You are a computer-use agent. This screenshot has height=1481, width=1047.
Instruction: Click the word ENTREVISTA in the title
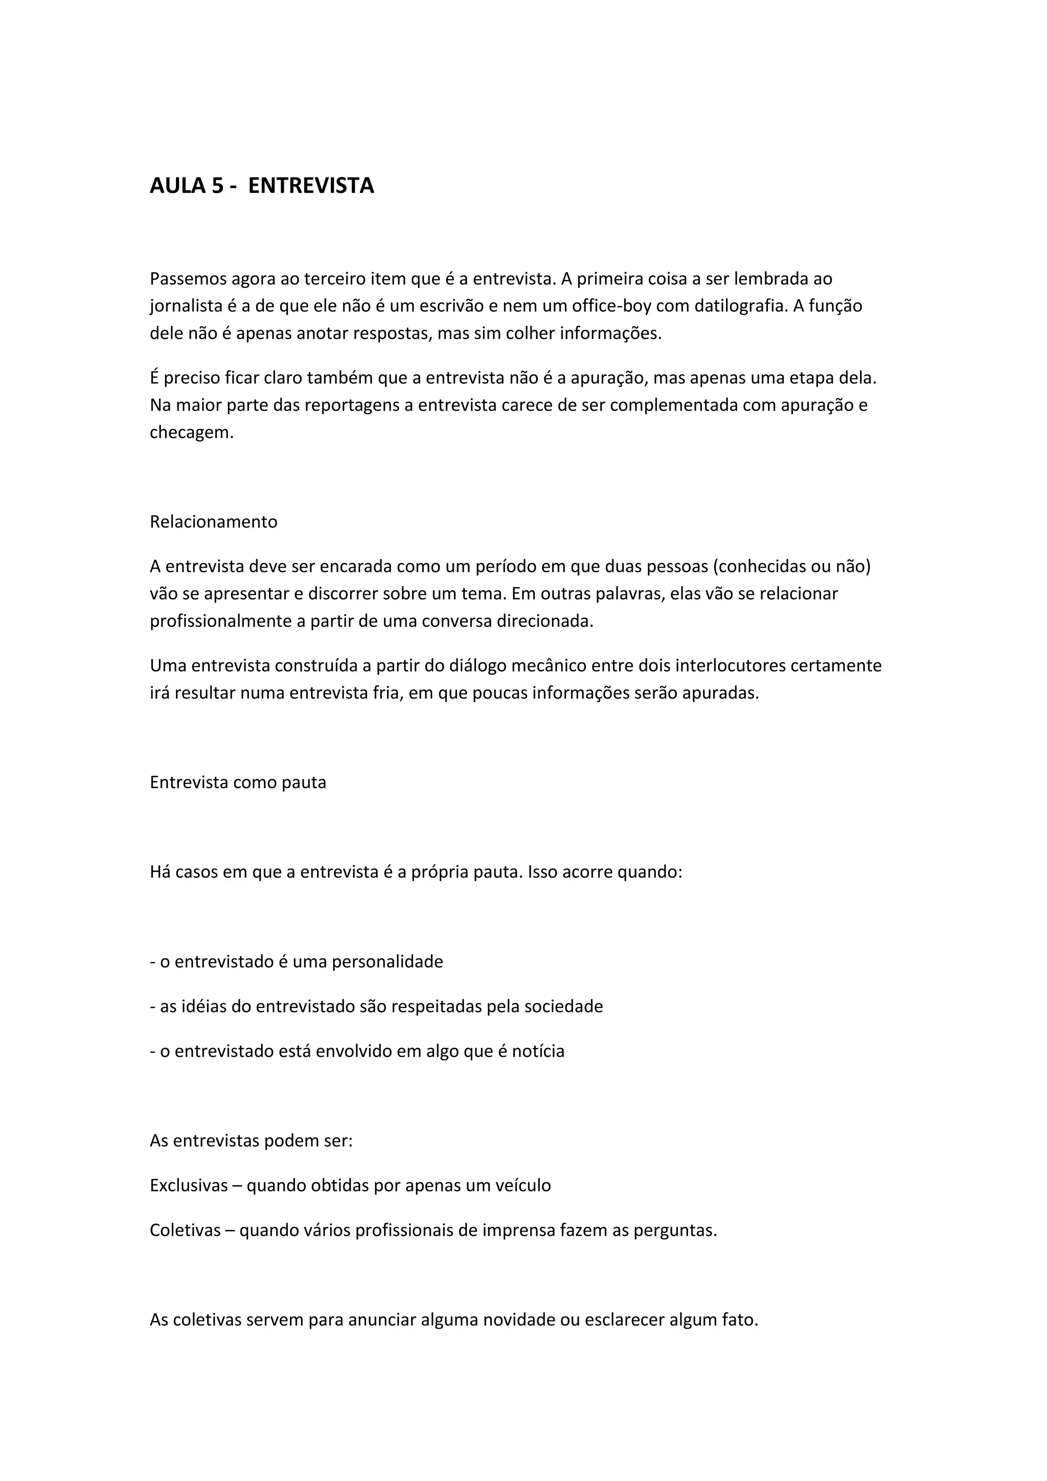(x=311, y=186)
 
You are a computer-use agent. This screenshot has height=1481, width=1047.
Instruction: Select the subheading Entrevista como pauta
(x=238, y=782)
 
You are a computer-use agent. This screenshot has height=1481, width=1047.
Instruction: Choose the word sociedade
(x=563, y=1006)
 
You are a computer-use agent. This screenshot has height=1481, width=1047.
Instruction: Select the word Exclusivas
(x=189, y=1185)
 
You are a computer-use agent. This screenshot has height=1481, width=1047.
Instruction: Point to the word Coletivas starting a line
(x=185, y=1230)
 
